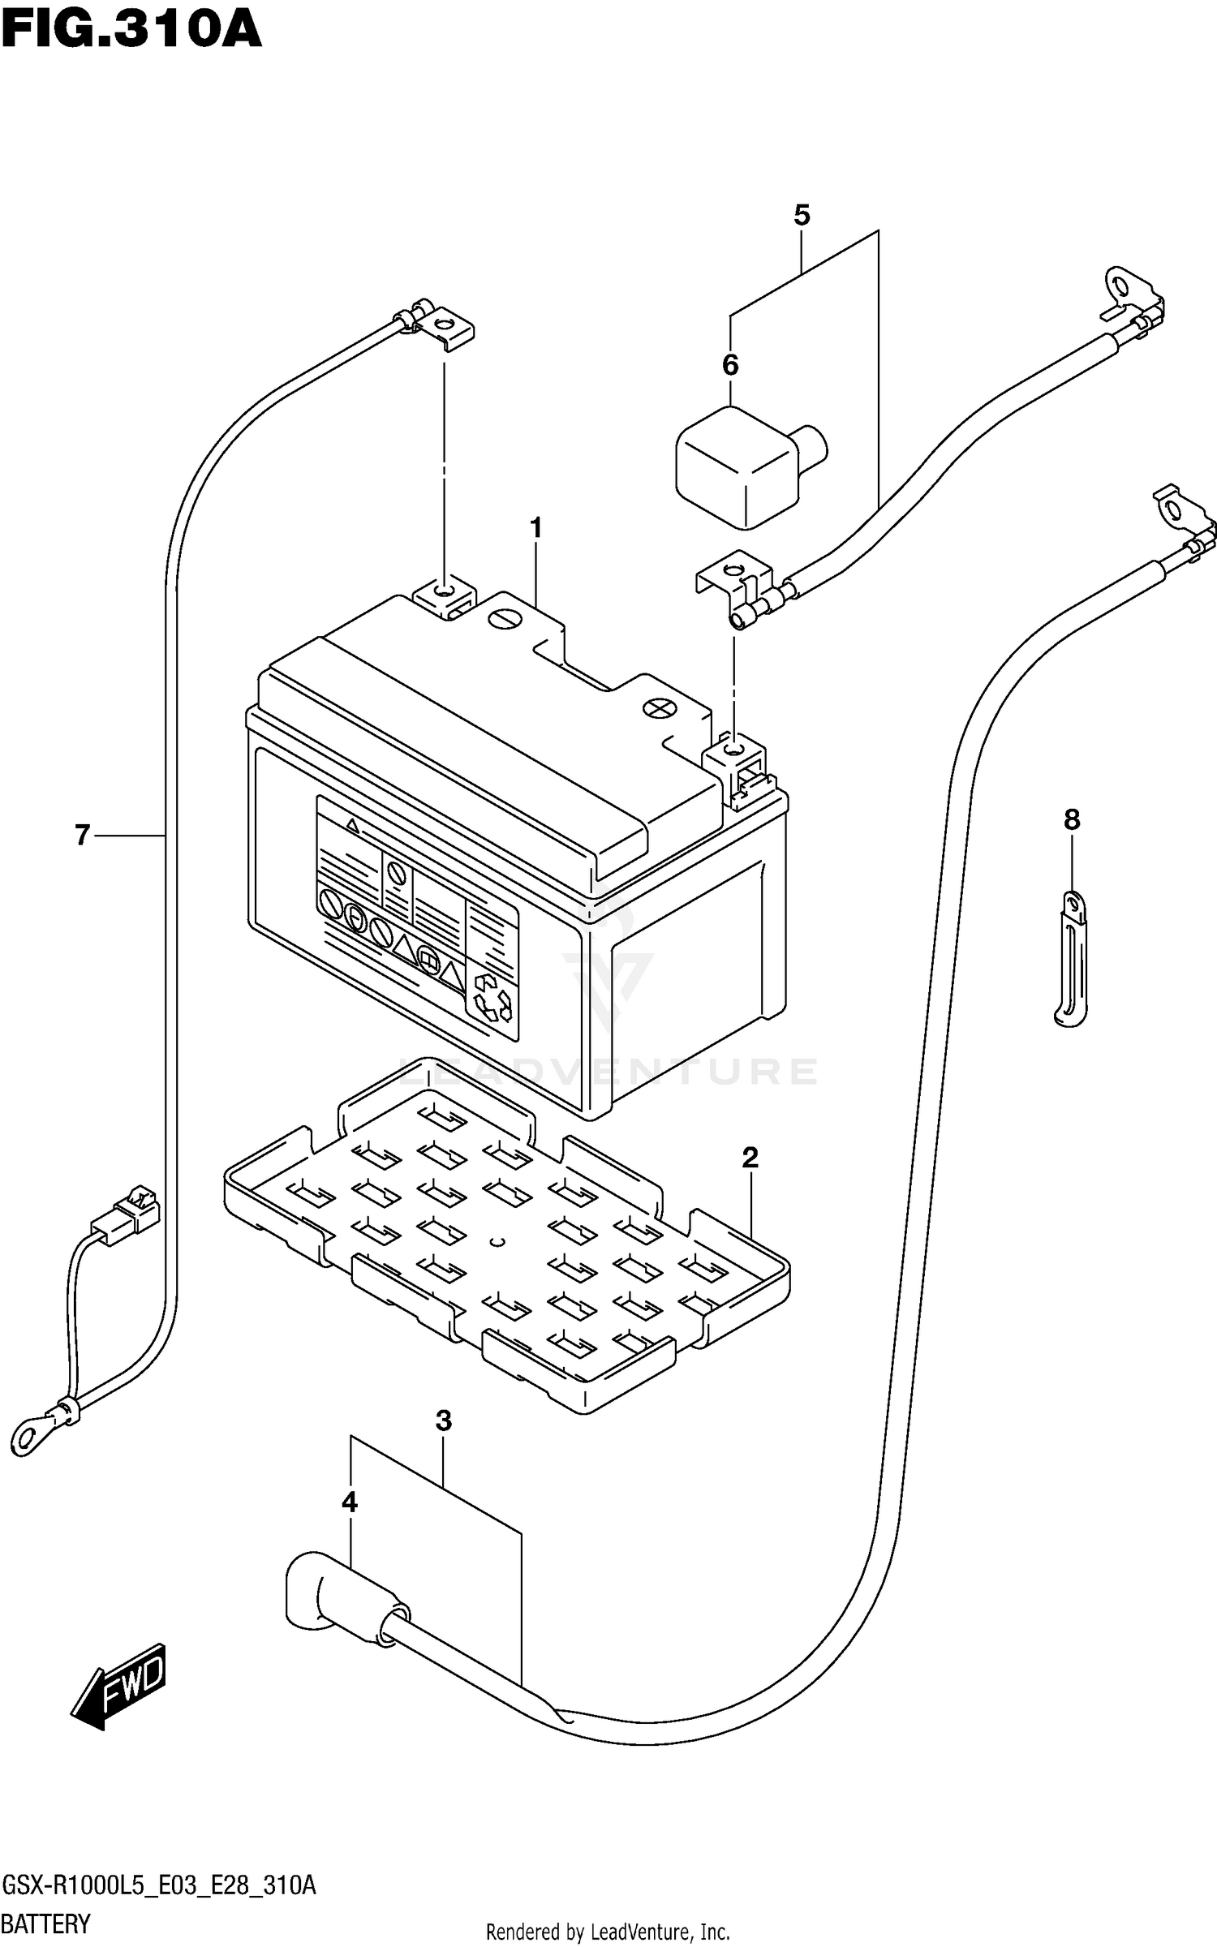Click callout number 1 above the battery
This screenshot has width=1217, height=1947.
tap(535, 528)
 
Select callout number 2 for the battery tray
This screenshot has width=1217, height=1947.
tap(750, 1158)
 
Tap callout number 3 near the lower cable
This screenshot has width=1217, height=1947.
tap(443, 1443)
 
